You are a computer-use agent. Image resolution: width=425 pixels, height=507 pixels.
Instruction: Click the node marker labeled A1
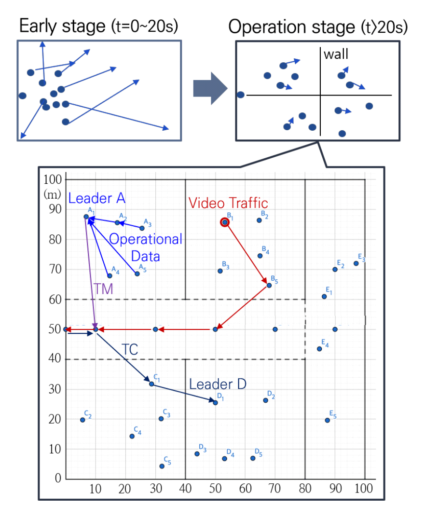coord(86,217)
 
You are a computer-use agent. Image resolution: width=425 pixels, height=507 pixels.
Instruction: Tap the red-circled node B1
coord(225,222)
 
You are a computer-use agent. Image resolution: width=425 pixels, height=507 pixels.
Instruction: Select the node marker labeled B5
coord(269,286)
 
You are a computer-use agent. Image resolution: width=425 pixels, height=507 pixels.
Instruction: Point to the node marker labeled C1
coord(151,384)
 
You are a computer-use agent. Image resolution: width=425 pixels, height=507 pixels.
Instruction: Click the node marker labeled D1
coord(215,403)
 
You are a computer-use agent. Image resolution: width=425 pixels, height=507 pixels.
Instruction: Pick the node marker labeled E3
coord(356,263)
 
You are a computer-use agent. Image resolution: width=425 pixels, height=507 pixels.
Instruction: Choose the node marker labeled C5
coord(162,466)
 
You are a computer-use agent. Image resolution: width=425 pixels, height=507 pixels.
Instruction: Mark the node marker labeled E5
coord(327,420)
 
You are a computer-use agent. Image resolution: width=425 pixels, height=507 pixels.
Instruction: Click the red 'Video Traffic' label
coord(228,203)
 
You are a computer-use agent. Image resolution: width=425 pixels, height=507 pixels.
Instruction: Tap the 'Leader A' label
coord(97,198)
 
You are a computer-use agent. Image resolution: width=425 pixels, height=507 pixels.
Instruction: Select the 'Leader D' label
coord(218,384)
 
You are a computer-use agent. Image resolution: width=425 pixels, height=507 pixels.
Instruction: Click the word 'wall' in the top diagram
coord(336,54)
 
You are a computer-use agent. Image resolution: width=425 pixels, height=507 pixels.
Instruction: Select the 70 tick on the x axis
coord(275,488)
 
